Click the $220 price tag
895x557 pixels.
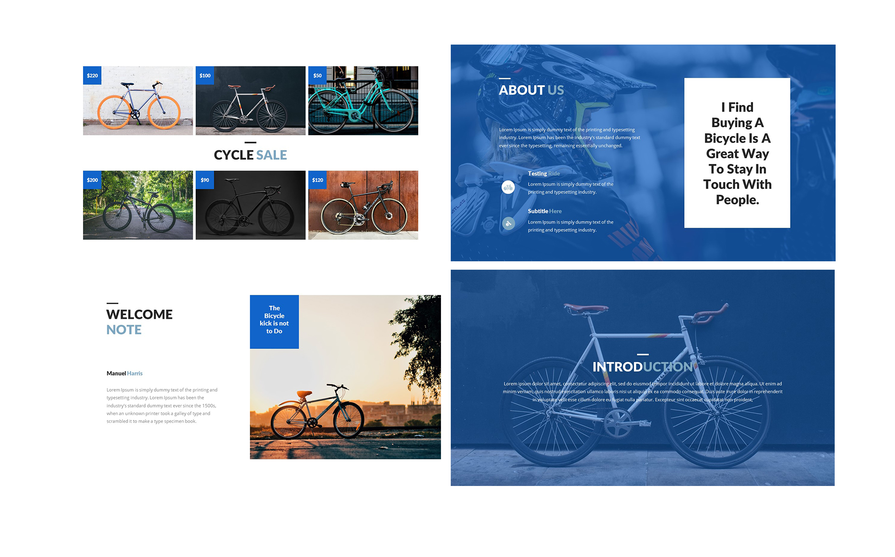coord(92,76)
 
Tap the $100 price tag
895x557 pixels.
coord(205,76)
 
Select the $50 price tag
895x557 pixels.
coord(318,76)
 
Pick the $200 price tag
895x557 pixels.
coord(92,180)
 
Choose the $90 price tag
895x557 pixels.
coord(205,180)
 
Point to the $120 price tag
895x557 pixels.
coord(318,180)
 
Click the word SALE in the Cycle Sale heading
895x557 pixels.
coord(272,155)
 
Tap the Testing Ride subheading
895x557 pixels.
coord(543,174)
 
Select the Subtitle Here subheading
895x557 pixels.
coord(544,211)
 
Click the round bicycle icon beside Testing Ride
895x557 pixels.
coord(508,188)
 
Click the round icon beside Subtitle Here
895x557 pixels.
coord(508,224)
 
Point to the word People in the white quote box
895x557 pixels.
coord(737,200)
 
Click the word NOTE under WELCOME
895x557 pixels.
coord(124,330)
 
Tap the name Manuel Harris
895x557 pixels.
coord(124,373)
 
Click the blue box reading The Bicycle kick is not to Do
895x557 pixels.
coord(275,322)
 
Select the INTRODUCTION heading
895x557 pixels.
coord(643,367)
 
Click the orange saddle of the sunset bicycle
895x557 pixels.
coord(304,394)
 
